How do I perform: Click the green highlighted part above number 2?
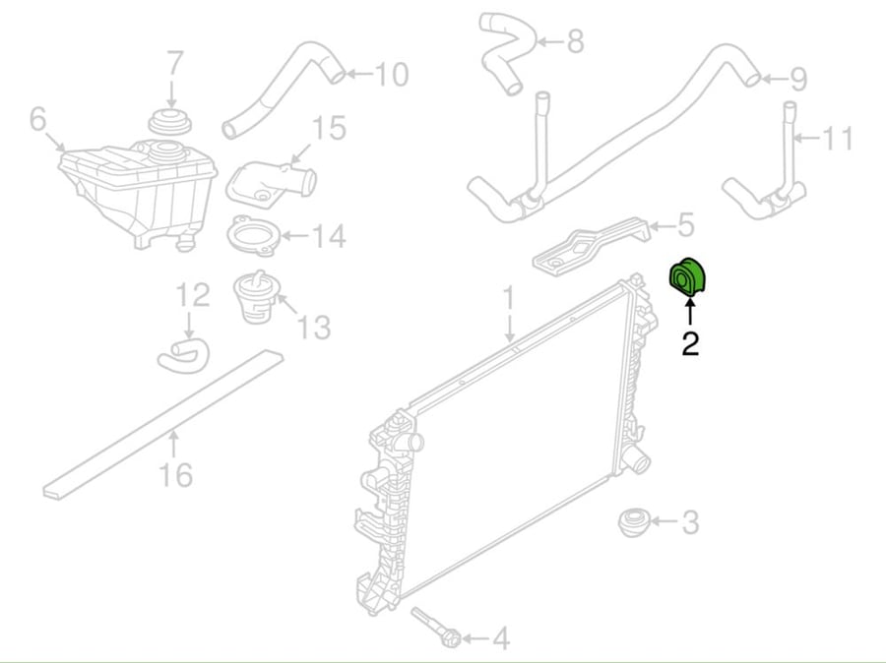click(686, 276)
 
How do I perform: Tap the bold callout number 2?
click(690, 343)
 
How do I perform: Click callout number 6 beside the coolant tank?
click(37, 119)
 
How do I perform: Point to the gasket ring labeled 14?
click(253, 235)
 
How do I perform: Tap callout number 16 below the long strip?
click(176, 474)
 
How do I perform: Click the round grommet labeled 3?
click(634, 522)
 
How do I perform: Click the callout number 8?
click(575, 41)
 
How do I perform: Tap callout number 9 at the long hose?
click(797, 79)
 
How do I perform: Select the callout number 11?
click(836, 139)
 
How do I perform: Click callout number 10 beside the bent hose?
click(392, 75)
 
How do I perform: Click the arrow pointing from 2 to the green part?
click(690, 312)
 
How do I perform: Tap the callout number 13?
click(314, 328)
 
